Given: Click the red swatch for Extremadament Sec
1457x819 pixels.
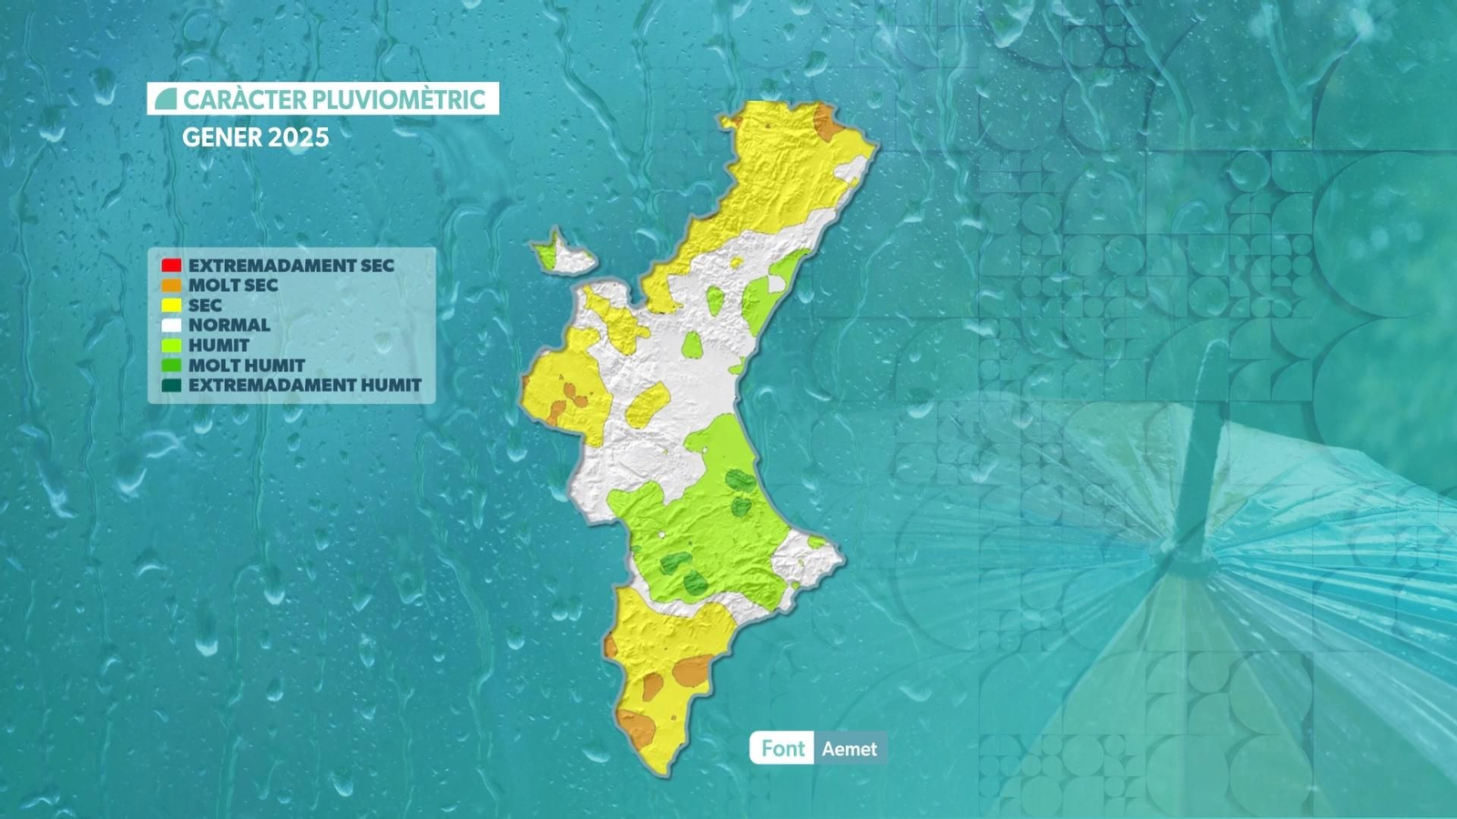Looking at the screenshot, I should [x=171, y=266].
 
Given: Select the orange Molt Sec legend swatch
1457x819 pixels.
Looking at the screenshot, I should [x=171, y=286].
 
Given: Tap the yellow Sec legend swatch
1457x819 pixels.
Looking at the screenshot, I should [x=171, y=306].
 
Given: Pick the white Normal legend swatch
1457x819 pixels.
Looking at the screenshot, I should [x=171, y=325].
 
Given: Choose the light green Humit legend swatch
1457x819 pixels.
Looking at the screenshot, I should [x=171, y=345].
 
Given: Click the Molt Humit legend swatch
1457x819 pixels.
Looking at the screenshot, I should [x=171, y=365].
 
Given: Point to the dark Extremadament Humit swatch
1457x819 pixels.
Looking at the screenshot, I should [x=171, y=385].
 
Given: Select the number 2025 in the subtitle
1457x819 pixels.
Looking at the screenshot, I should [x=298, y=137].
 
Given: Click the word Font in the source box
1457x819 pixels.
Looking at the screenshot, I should [x=782, y=748].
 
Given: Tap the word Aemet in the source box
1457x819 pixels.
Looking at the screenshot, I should [x=849, y=749].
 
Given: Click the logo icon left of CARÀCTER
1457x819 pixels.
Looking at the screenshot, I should [x=166, y=99].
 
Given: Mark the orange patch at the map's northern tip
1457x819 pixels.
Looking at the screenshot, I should [x=827, y=123].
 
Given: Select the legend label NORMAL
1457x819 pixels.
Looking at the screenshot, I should [x=229, y=325].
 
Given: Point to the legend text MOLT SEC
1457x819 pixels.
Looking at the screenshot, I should [x=233, y=286].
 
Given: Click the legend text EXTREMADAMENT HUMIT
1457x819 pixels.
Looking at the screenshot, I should [x=305, y=385].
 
